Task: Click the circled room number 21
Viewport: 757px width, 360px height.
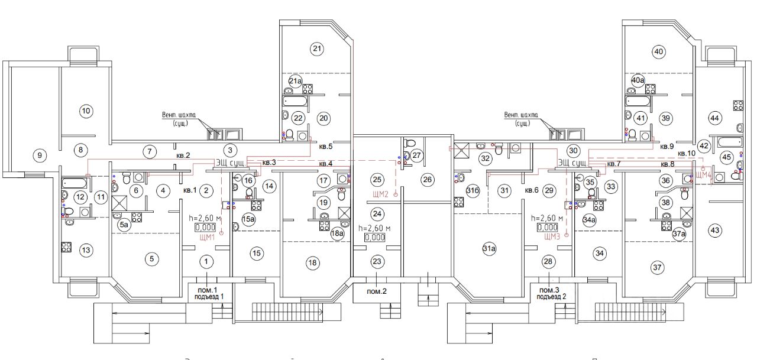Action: [316, 48]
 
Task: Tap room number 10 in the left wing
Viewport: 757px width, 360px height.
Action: [86, 111]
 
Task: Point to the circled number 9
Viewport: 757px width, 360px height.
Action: [40, 155]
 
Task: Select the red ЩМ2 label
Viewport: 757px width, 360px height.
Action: [380, 194]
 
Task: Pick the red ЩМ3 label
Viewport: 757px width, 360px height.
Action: [552, 238]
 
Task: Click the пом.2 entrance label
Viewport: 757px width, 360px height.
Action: [376, 292]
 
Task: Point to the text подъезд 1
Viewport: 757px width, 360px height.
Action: [206, 297]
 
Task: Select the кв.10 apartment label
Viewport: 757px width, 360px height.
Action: [687, 153]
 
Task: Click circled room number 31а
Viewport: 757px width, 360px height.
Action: [489, 250]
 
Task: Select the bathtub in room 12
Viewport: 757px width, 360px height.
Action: [74, 181]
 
